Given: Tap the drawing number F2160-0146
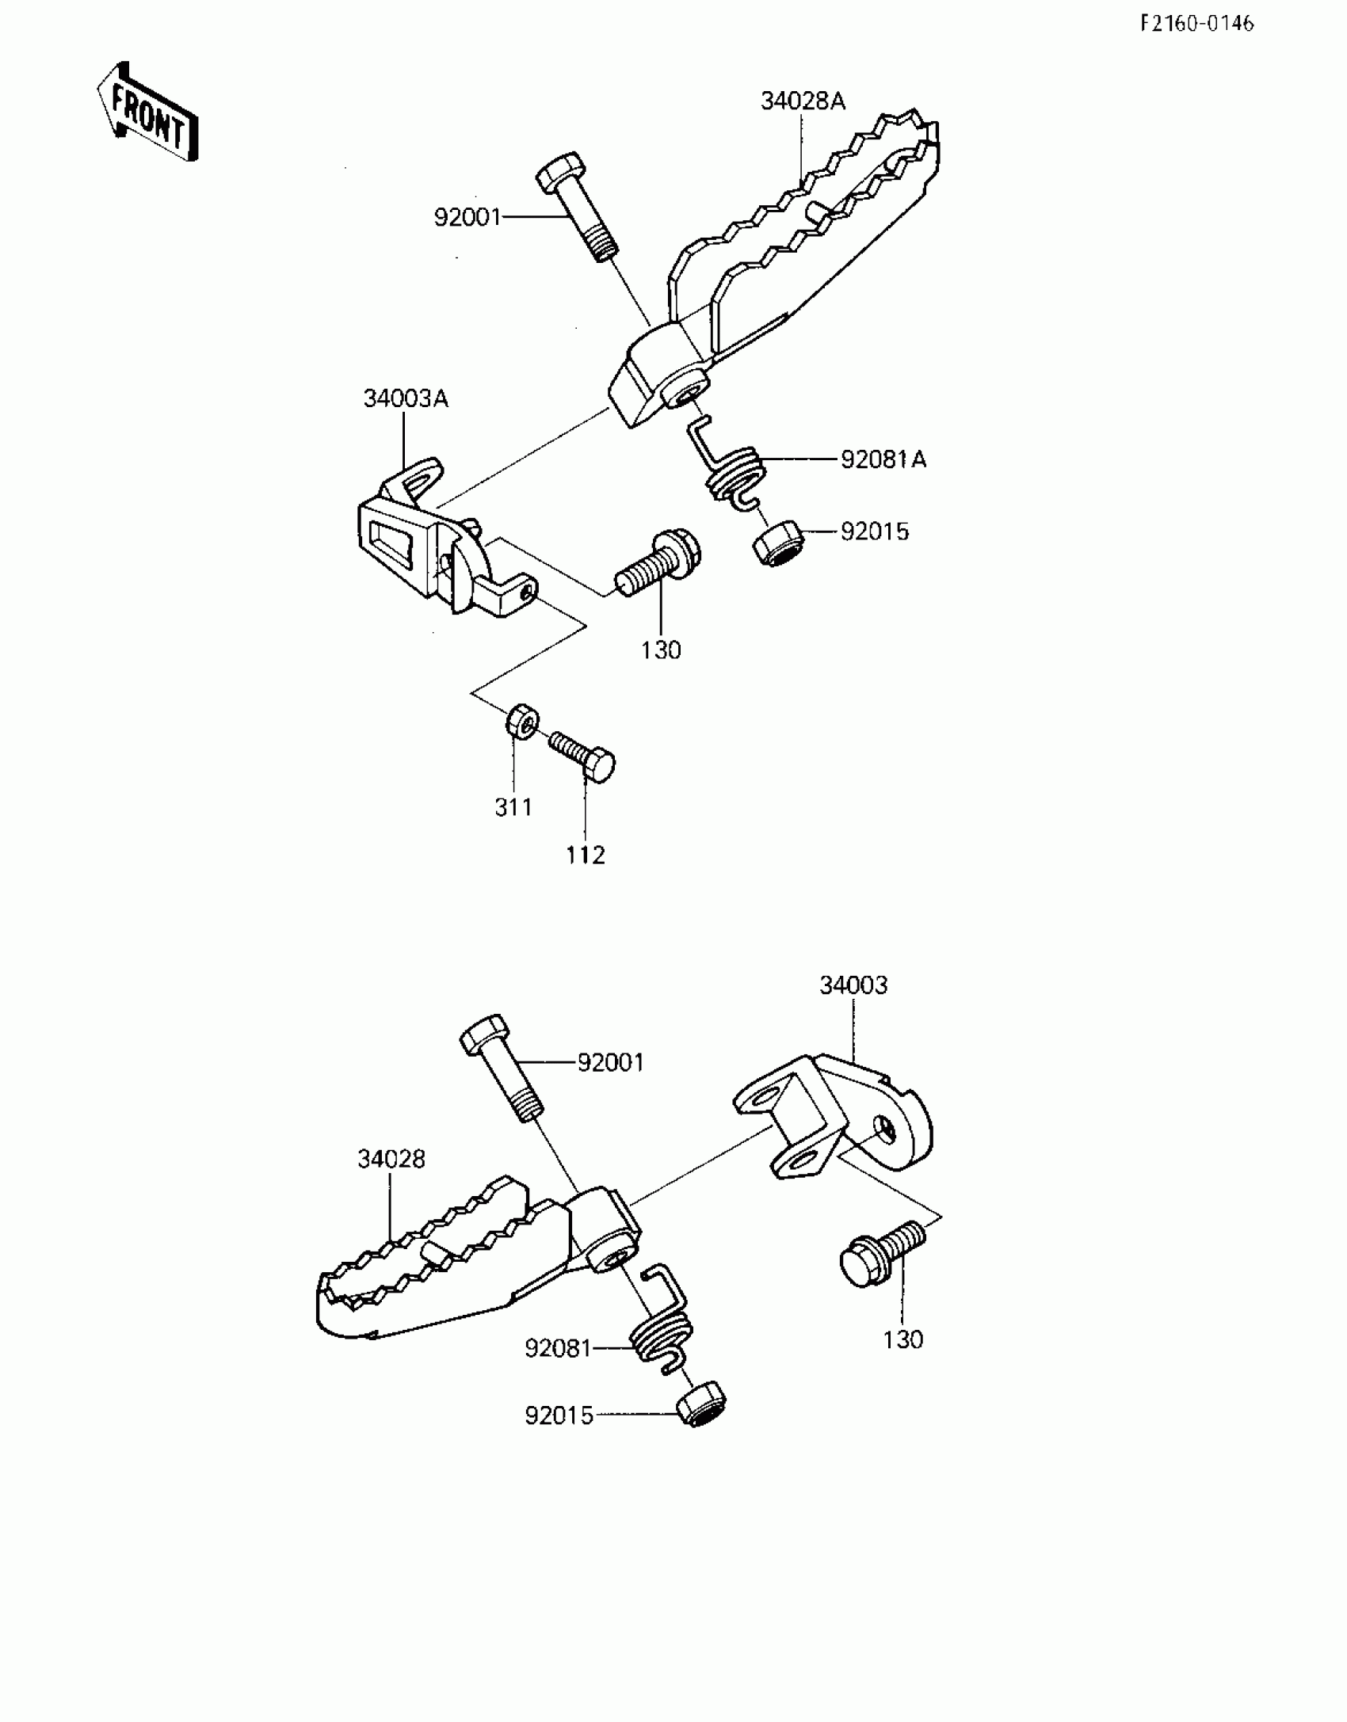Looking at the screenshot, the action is (x=1196, y=24).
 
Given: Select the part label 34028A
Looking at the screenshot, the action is (x=803, y=101).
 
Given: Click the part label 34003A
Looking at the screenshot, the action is (x=406, y=398).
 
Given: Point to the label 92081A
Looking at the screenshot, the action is (x=883, y=459).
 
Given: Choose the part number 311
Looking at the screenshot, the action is (x=513, y=808).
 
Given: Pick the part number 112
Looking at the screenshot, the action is (x=586, y=855).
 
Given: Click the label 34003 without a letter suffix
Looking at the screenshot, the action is (x=853, y=985).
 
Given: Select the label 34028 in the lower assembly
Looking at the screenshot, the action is (x=391, y=1159).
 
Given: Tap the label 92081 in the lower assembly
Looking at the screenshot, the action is (x=558, y=1347).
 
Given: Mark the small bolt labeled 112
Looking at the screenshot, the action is (x=584, y=753).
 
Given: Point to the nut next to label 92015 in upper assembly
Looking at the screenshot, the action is (x=777, y=543).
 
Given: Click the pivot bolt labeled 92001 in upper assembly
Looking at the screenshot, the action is (x=577, y=208).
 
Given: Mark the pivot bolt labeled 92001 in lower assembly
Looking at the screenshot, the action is (x=502, y=1066).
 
